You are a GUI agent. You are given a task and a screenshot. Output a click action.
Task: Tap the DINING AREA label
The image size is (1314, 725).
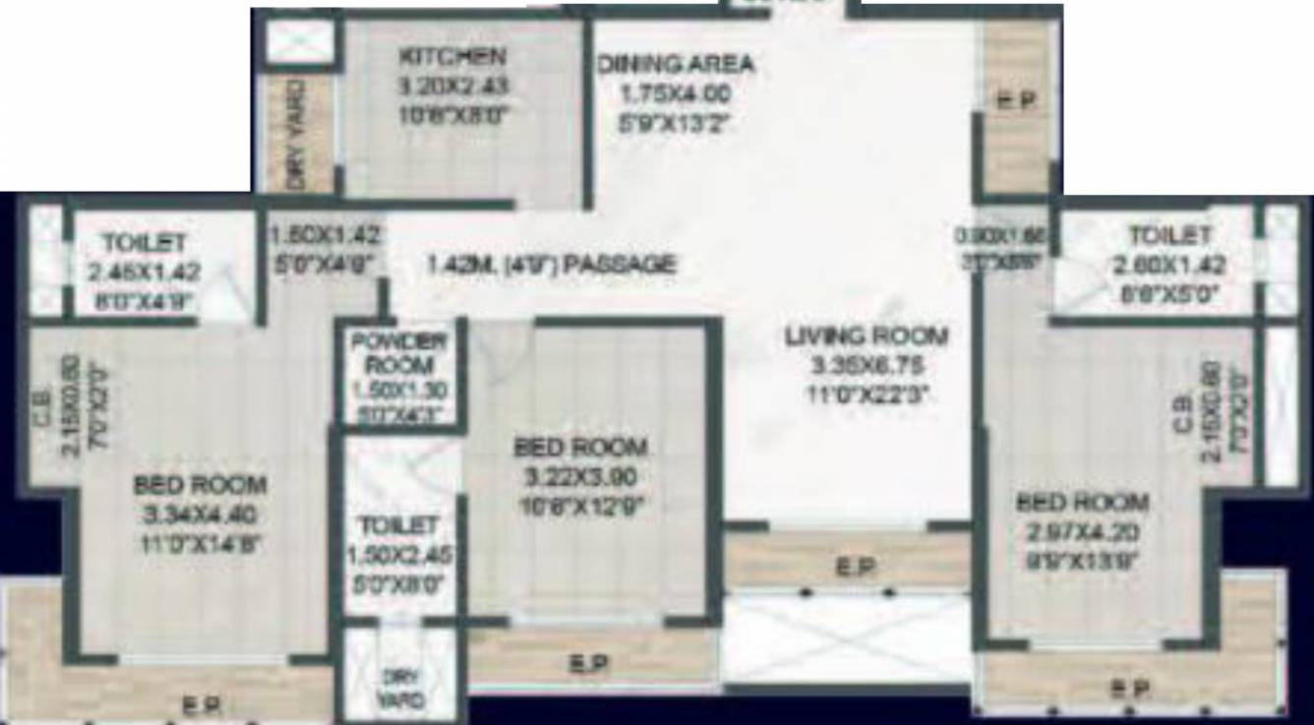676,65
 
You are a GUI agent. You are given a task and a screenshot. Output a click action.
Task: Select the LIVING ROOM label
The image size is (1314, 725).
866,336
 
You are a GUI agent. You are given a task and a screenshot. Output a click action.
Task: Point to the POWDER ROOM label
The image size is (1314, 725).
398,353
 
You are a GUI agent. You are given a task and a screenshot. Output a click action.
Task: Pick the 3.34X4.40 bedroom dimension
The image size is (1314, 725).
200,514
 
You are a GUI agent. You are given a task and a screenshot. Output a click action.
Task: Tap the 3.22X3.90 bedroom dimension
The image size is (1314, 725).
580,478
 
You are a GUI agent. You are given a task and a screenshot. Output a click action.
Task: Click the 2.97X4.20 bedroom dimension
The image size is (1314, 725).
1081,532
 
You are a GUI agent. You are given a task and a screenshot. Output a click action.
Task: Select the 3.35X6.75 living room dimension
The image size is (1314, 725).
866,366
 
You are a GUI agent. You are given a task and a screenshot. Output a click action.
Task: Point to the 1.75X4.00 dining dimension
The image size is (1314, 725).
676,94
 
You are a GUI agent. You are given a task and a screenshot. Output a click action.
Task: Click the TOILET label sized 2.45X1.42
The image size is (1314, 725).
144,241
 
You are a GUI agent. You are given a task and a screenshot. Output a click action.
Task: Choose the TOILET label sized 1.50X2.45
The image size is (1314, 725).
397,524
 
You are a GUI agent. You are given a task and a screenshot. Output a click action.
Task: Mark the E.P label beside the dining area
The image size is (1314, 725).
1015,101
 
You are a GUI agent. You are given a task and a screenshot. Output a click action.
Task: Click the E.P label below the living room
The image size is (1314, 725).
848,568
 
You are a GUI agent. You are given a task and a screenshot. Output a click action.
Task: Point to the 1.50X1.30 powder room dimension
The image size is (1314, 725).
398,391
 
